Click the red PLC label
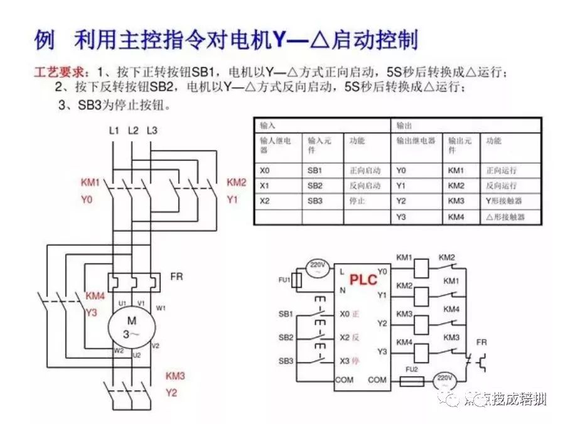pos(363,278)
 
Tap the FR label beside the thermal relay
pos(176,276)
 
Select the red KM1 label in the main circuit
pos(90,183)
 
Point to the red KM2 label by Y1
pos(236,183)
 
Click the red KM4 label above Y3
pos(95,295)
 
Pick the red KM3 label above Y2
pos(175,376)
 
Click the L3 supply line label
pos(152,131)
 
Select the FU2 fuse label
pos(412,370)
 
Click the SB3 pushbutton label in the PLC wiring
pos(286,361)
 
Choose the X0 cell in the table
pos(265,170)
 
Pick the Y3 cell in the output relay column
pos(401,217)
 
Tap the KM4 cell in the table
pos(456,217)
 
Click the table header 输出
pos(403,126)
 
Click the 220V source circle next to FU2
pos(444,381)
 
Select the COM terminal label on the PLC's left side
pos(344,379)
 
